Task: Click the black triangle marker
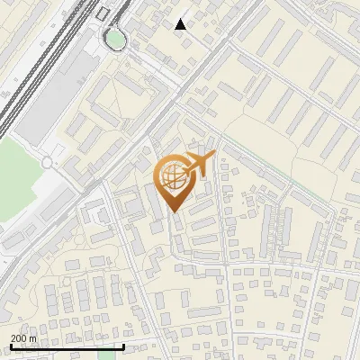[181, 24]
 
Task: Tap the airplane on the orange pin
[196, 166]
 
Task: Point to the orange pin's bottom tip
[174, 211]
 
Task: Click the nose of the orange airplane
[213, 157]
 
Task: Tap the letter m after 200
[33, 338]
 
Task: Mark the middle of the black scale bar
[67, 346]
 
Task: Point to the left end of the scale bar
[10, 346]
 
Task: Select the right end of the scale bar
[123, 346]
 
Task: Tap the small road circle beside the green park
[47, 163]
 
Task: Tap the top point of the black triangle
[181, 18]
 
